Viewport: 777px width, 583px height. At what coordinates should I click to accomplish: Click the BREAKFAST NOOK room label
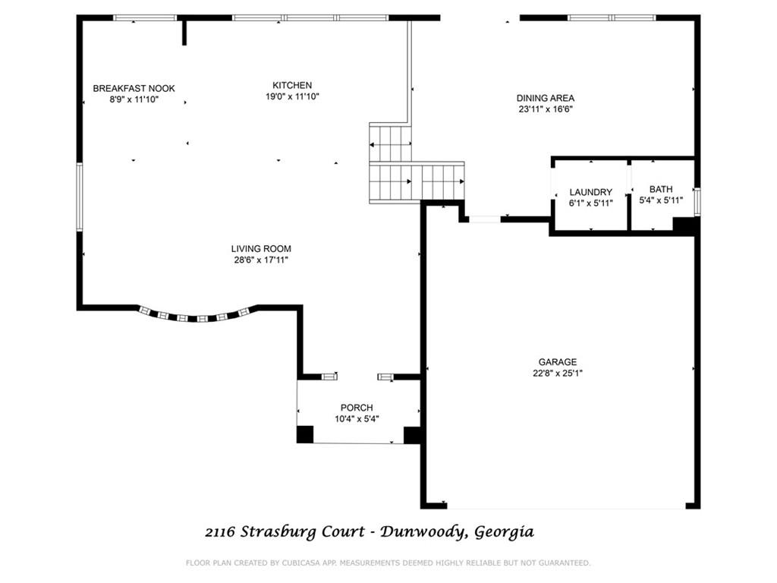pyautogui.click(x=134, y=88)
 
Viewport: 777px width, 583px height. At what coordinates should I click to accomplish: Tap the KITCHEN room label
pyautogui.click(x=292, y=85)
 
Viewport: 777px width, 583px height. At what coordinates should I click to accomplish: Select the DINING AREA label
pyautogui.click(x=545, y=98)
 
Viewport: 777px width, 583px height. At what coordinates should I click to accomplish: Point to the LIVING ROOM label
pyautogui.click(x=261, y=248)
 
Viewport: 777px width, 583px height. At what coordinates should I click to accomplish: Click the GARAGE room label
pyautogui.click(x=558, y=362)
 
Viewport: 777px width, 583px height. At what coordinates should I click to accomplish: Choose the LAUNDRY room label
pyautogui.click(x=590, y=192)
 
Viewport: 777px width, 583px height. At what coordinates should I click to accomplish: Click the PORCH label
pyautogui.click(x=356, y=408)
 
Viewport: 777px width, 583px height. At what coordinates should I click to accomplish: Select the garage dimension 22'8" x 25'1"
pyautogui.click(x=558, y=373)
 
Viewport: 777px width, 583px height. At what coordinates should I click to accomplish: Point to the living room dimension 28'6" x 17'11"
pyautogui.click(x=261, y=260)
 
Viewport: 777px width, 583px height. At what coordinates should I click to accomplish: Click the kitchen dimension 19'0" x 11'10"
pyautogui.click(x=292, y=96)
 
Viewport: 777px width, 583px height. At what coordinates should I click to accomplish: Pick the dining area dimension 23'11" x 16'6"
pyautogui.click(x=545, y=109)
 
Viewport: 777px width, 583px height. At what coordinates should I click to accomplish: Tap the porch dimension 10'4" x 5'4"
pyautogui.click(x=356, y=418)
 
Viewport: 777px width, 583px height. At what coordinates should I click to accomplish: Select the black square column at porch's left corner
pyautogui.click(x=304, y=434)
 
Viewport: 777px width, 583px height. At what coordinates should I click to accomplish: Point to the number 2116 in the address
pyautogui.click(x=221, y=532)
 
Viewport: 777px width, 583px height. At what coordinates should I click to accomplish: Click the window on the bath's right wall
pyautogui.click(x=697, y=201)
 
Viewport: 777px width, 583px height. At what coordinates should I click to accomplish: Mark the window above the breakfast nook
pyautogui.click(x=150, y=17)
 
